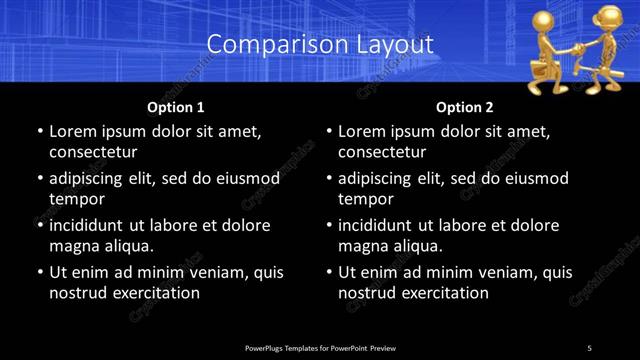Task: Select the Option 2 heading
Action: click(x=465, y=107)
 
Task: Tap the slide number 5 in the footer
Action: click(x=589, y=347)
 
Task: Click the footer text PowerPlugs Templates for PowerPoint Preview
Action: click(x=320, y=347)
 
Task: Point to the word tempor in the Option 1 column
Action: click(x=76, y=199)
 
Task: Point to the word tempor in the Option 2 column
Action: click(x=366, y=199)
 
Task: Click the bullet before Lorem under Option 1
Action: click(x=40, y=131)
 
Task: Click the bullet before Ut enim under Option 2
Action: click(x=330, y=272)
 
